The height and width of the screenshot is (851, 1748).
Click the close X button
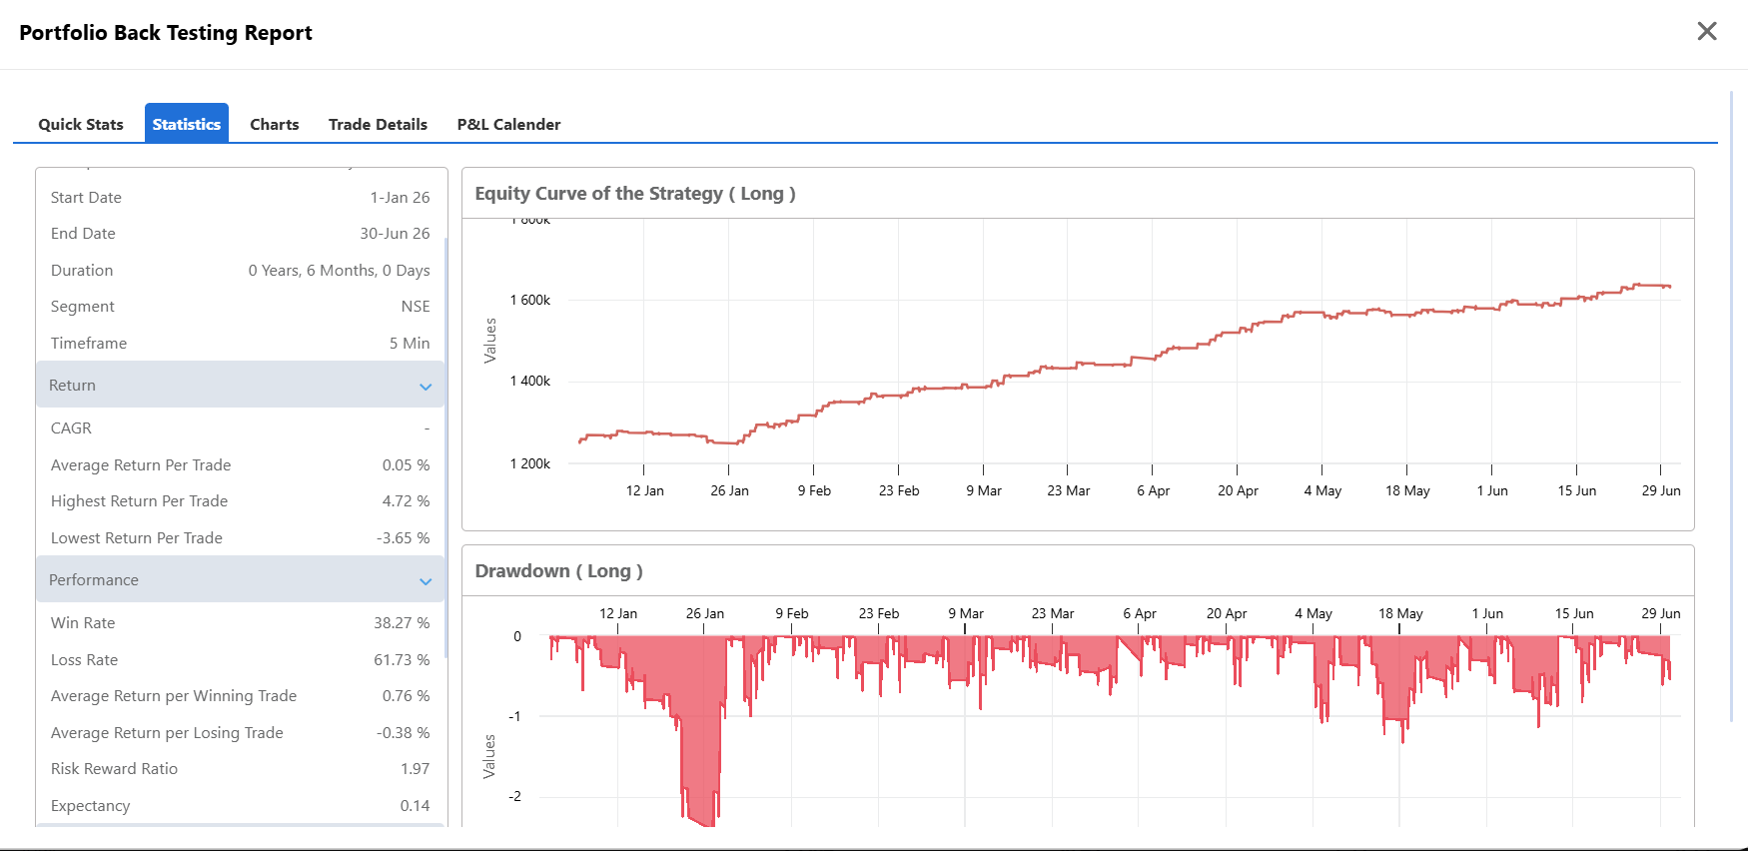pyautogui.click(x=1707, y=31)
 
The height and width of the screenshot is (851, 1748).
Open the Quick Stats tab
pyautogui.click(x=81, y=124)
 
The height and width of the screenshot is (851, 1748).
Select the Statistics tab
pyautogui.click(x=187, y=124)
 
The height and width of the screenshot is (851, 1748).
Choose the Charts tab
pyautogui.click(x=275, y=124)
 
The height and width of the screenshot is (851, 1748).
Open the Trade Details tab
pyautogui.click(x=378, y=124)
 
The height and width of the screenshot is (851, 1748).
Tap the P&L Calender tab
pyautogui.click(x=508, y=124)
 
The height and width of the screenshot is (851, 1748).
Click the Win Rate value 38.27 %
pyautogui.click(x=402, y=622)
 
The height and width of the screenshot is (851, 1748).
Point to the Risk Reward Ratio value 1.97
pyautogui.click(x=415, y=768)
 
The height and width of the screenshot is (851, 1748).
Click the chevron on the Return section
pyautogui.click(x=426, y=387)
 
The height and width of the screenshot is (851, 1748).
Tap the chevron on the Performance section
pyautogui.click(x=426, y=581)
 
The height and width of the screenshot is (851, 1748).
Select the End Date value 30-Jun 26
pyautogui.click(x=395, y=233)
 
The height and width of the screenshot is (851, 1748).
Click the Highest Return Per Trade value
pyautogui.click(x=406, y=500)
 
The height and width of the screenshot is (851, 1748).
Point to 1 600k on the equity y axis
pyautogui.click(x=530, y=300)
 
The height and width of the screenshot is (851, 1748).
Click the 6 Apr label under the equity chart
pyautogui.click(x=1154, y=490)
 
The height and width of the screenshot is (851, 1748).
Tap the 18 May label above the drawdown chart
pyautogui.click(x=1400, y=613)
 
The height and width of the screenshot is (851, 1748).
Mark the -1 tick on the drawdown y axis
pyautogui.click(x=514, y=716)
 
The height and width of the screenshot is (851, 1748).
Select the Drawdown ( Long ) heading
pyautogui.click(x=558, y=570)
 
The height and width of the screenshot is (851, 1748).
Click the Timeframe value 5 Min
pyautogui.click(x=410, y=343)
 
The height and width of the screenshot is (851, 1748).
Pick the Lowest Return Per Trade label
pyautogui.click(x=137, y=537)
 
